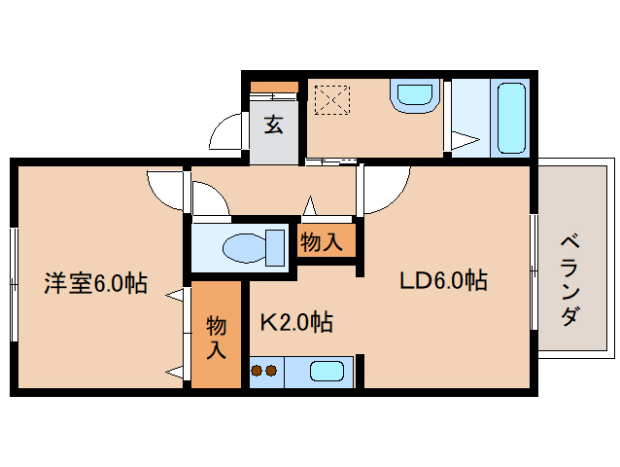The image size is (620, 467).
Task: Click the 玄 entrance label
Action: click(x=274, y=125)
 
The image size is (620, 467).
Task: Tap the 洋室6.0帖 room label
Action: click(x=95, y=283)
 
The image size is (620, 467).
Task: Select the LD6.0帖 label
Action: click(x=444, y=280)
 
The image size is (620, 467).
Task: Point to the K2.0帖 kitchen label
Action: click(x=296, y=322)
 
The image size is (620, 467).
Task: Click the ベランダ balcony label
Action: click(x=570, y=280)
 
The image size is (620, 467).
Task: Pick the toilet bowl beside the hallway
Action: click(x=254, y=248)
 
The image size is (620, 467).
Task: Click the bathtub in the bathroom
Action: click(x=511, y=118)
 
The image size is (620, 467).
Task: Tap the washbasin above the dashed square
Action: click(x=415, y=95)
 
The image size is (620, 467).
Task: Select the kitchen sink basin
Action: click(x=327, y=372)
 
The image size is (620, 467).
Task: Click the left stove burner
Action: click(x=257, y=371)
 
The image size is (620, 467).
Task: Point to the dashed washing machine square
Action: click(x=332, y=100)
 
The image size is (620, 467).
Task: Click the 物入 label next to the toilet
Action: click(x=321, y=242)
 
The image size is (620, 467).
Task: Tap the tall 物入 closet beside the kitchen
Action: click(x=217, y=335)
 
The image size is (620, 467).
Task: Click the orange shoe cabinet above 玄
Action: click(x=274, y=87)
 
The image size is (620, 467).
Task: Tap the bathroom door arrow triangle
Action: click(x=465, y=140)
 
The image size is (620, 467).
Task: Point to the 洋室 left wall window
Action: click(x=14, y=284)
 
